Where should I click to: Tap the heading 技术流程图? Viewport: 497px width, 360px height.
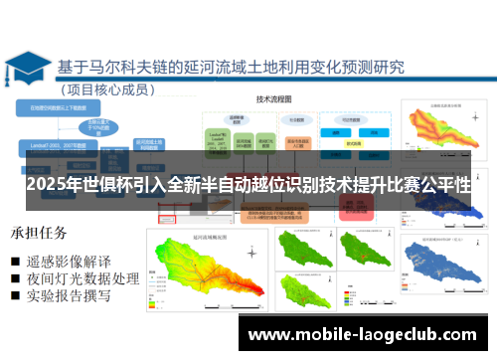pos(280,100)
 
